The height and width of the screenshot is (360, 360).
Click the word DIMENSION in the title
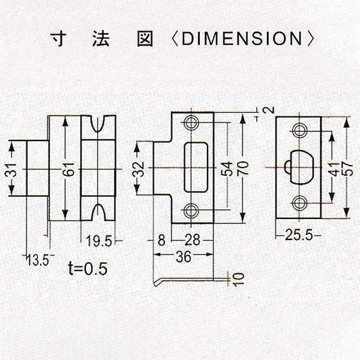coord(242,38)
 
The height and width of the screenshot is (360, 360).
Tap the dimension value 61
coord(70,169)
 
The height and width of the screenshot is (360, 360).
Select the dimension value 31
coord(11,169)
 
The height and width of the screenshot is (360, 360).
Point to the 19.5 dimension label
coord(99,241)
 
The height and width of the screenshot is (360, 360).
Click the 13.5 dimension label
coord(38,260)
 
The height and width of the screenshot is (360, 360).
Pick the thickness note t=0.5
coord(88,268)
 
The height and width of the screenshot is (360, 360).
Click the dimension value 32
coord(139,169)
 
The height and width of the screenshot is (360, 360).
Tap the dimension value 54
coord(226,169)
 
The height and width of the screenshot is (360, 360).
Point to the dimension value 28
coord(193,240)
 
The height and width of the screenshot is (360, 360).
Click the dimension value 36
coord(184,256)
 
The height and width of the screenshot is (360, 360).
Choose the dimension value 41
coord(335,169)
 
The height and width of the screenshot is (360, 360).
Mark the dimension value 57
coord(347,169)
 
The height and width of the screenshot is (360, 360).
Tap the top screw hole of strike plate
coord(191,122)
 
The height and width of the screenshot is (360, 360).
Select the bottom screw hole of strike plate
coord(191,210)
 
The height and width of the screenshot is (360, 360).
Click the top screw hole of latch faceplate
coord(299,131)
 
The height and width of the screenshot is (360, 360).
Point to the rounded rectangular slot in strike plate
coord(196,167)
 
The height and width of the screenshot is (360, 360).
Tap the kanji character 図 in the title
coord(145,39)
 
